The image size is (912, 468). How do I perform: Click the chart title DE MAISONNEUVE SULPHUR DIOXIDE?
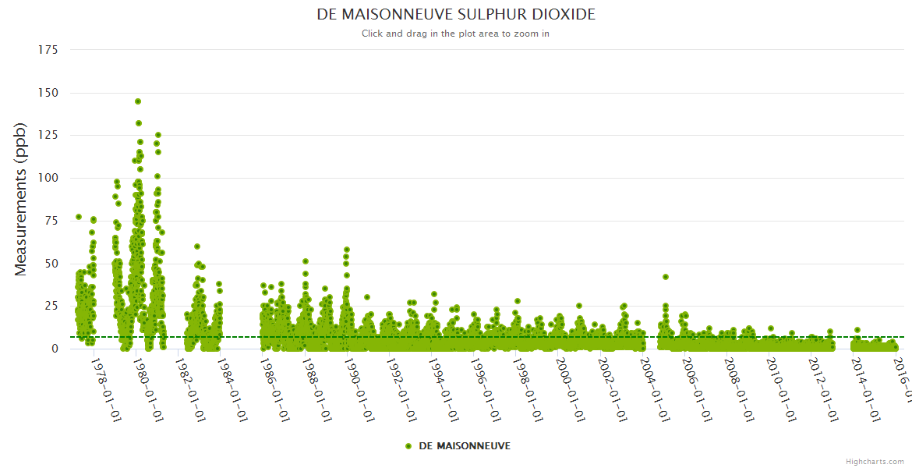(456, 15)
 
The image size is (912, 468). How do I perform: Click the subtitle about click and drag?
(456, 34)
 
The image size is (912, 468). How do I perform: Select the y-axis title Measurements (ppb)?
(21, 199)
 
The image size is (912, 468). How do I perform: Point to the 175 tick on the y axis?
(48, 50)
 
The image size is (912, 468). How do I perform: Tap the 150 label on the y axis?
(48, 93)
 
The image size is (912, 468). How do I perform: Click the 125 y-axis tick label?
(48, 136)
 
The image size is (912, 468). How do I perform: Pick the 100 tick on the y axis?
(48, 178)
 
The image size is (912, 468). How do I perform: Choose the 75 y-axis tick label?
(51, 221)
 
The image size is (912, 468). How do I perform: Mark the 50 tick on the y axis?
(51, 264)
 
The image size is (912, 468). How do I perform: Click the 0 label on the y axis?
(55, 349)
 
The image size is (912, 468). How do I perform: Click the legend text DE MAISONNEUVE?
(465, 445)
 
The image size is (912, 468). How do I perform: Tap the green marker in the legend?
(408, 445)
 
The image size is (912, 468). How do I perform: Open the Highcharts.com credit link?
(875, 462)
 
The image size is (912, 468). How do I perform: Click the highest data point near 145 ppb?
(138, 101)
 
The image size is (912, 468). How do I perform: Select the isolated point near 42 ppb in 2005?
(666, 277)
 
